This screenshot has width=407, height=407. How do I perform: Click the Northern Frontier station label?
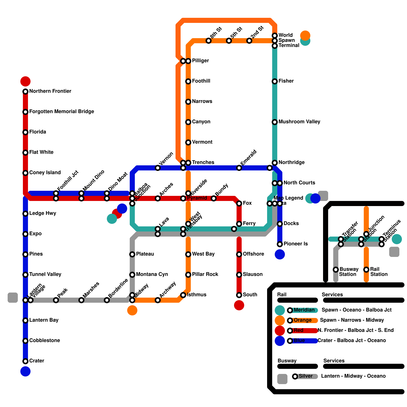pos(50,91)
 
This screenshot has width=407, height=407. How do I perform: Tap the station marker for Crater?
pos(25,361)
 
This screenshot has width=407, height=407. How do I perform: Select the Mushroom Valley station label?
pos(299,122)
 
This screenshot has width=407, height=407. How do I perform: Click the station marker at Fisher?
pos(275,81)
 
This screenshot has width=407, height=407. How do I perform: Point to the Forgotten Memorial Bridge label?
pos(62,111)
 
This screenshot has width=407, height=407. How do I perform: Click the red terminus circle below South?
pos(239,305)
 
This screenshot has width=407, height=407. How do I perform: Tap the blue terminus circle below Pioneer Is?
pos(280,254)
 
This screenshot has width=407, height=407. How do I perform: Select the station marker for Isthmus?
pos(183,295)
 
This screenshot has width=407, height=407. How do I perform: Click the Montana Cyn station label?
pos(152,274)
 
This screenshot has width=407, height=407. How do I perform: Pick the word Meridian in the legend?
pos(304,310)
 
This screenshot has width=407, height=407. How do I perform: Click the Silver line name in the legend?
pos(306,376)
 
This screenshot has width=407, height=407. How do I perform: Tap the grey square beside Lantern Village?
pos(13,298)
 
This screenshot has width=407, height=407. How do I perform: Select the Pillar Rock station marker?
pos(188,275)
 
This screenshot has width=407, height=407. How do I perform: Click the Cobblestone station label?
pos(45,340)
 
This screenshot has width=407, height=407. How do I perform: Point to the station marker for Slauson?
pos(239,275)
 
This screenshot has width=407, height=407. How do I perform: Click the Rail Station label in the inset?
pos(379,272)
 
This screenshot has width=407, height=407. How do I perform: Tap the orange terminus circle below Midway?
pos(132,310)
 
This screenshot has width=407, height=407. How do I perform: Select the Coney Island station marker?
pos(25,173)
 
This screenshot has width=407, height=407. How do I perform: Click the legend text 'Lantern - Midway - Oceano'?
pos(353,376)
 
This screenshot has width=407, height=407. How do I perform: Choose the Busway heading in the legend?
pos(287,361)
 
